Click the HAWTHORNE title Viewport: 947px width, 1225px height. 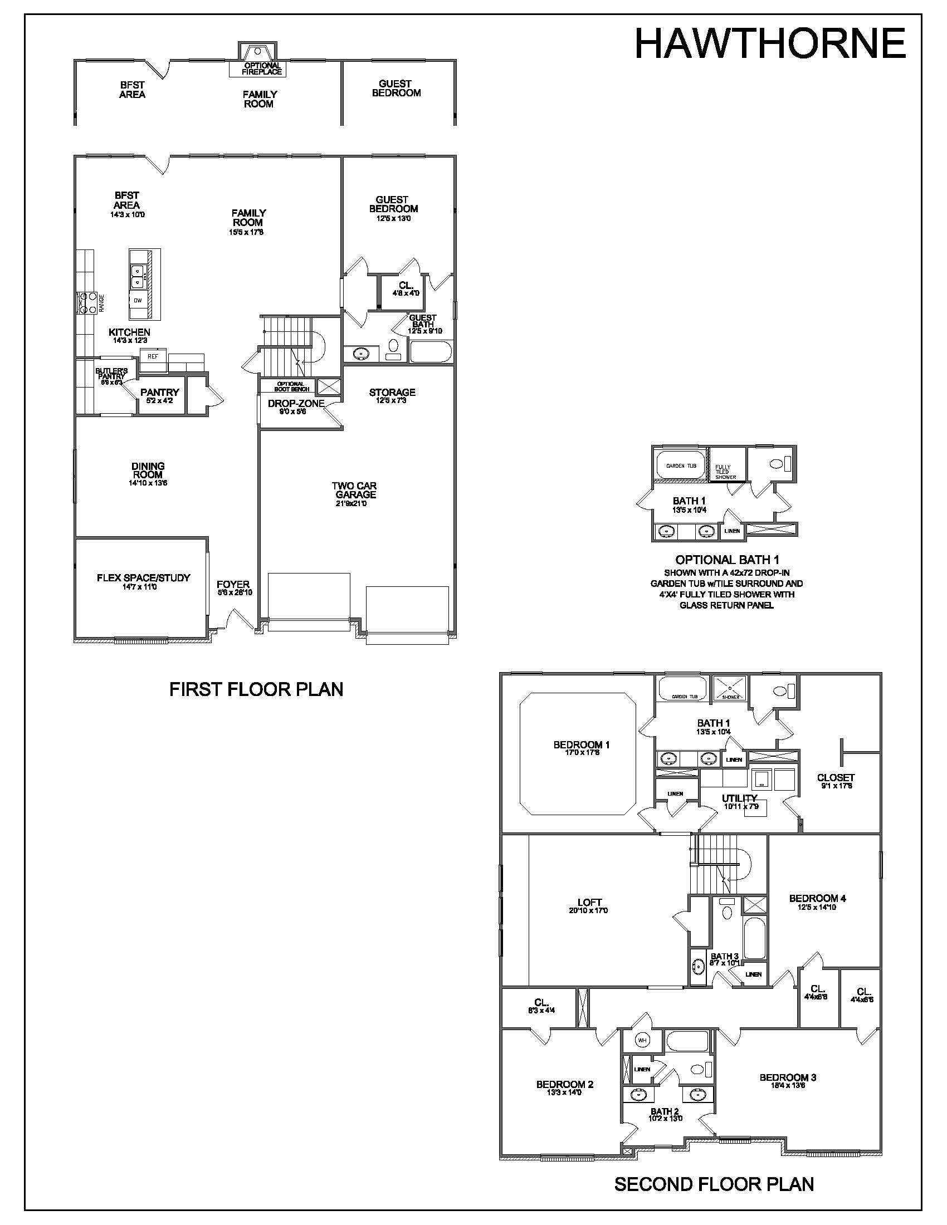pos(770,43)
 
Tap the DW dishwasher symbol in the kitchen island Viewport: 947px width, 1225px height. pos(138,300)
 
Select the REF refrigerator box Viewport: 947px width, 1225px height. pos(153,356)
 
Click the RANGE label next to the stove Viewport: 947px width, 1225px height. pos(101,303)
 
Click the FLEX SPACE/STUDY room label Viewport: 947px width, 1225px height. pos(144,578)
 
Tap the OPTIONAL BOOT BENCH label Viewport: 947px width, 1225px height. pos(291,386)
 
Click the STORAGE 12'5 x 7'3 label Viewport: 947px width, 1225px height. pos(392,395)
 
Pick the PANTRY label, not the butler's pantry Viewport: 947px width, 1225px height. pos(160,393)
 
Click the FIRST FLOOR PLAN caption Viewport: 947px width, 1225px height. pos(256,689)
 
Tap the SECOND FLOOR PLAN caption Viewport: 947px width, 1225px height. pos(714,1184)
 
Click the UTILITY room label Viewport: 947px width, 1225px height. pos(739,798)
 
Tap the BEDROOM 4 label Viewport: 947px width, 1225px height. pos(817,898)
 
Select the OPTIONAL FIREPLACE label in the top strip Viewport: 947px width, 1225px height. pos(262,68)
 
